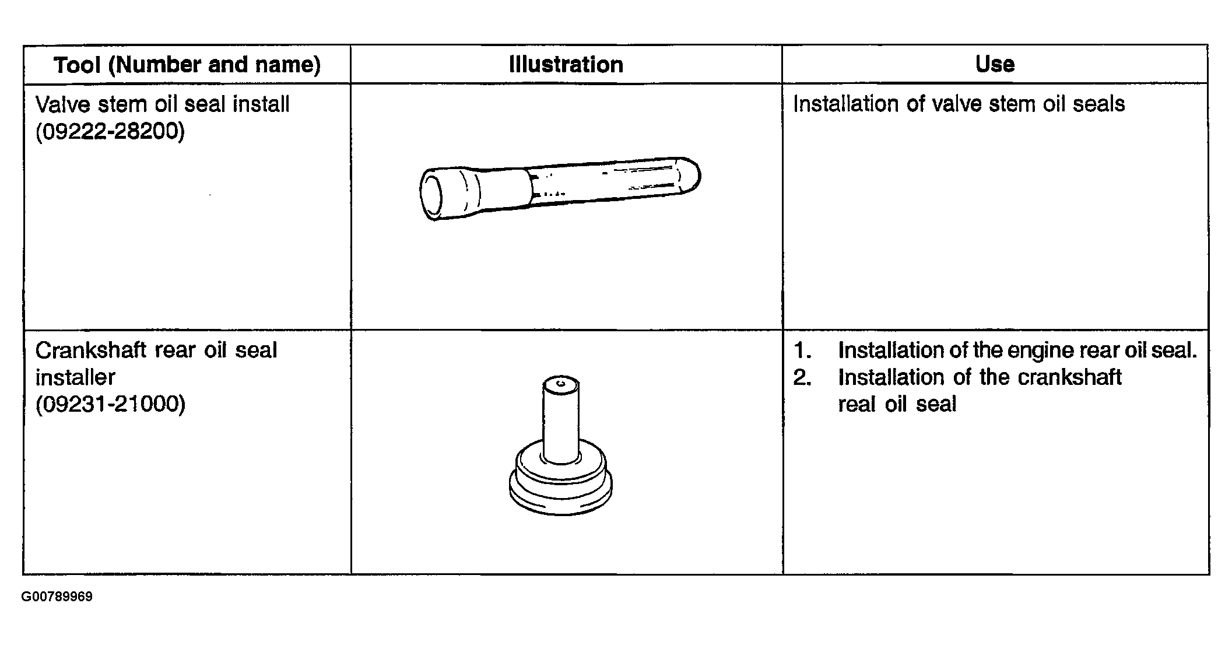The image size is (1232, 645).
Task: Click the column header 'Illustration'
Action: pyautogui.click(x=566, y=64)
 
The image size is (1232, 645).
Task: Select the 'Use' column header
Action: pyautogui.click(x=995, y=64)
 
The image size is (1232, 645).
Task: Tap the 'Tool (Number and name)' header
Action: pyautogui.click(x=187, y=65)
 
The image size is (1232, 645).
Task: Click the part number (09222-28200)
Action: pyautogui.click(x=110, y=131)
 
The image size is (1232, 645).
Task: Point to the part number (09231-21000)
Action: pyautogui.click(x=110, y=404)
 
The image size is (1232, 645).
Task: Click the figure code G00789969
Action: pyautogui.click(x=57, y=597)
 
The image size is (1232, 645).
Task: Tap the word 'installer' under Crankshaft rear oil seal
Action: pyautogui.click(x=75, y=377)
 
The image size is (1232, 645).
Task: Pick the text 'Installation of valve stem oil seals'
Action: pyautogui.click(x=959, y=104)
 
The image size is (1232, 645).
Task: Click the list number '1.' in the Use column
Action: pyautogui.click(x=803, y=350)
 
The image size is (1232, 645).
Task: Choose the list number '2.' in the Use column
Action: pyautogui.click(x=803, y=377)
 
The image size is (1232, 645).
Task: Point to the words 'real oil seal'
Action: pyautogui.click(x=897, y=404)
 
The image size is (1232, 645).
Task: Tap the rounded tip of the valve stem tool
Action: pyautogui.click(x=690, y=174)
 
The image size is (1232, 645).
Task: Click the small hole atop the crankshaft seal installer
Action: pyautogui.click(x=561, y=383)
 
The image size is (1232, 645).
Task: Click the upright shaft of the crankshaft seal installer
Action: pyautogui.click(x=561, y=420)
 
